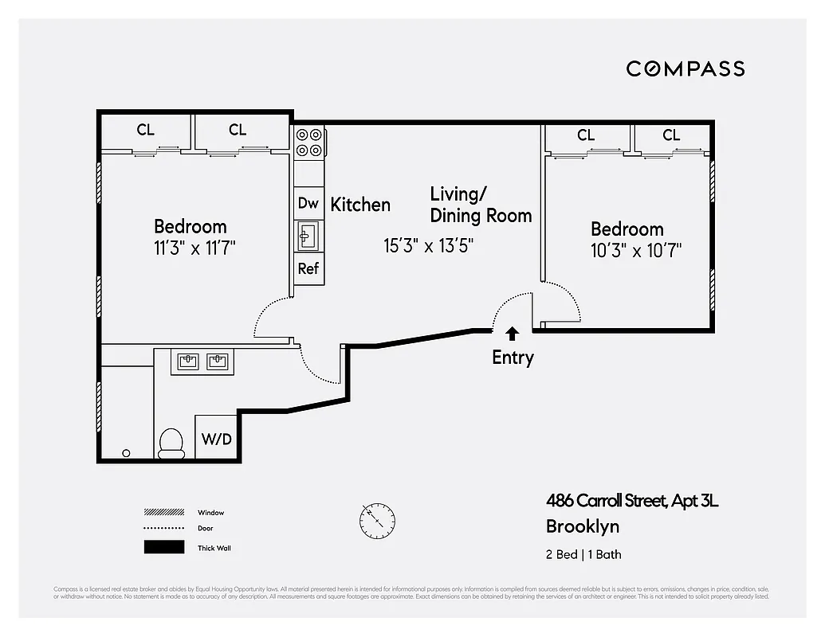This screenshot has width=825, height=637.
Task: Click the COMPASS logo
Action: click(x=685, y=68)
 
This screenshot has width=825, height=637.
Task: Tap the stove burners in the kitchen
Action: click(x=309, y=142)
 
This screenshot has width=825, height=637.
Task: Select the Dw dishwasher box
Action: click(x=308, y=203)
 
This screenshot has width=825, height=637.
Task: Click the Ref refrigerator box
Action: click(x=308, y=268)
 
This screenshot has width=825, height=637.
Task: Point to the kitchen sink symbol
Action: click(x=308, y=236)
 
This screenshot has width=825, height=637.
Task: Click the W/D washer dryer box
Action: click(x=215, y=438)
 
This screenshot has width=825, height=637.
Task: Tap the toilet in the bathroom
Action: click(x=171, y=443)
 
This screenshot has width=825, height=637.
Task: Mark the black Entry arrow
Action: click(x=512, y=333)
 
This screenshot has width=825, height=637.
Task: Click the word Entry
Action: click(x=512, y=358)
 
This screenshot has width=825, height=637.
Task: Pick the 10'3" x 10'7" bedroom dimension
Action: click(x=636, y=251)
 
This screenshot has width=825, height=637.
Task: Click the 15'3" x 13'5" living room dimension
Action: click(x=429, y=245)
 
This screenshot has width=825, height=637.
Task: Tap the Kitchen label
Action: click(x=360, y=205)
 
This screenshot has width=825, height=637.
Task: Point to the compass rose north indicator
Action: click(x=377, y=521)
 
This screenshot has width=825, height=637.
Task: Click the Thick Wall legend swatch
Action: click(x=163, y=548)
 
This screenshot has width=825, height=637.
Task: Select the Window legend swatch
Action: click(x=163, y=513)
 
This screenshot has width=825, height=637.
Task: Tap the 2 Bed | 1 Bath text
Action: click(x=583, y=554)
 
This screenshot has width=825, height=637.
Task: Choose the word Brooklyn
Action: click(x=582, y=526)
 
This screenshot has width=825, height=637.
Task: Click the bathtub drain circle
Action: click(x=126, y=453)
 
